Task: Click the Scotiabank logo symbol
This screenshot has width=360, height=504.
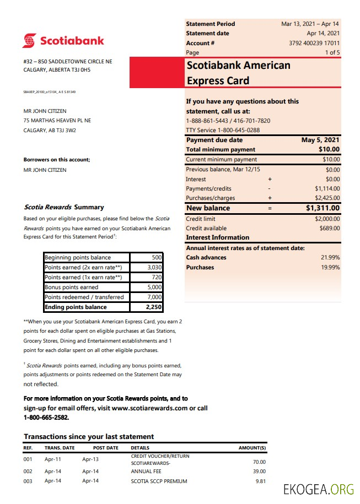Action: click(30, 41)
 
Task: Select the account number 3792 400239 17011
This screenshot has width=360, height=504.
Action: click(314, 43)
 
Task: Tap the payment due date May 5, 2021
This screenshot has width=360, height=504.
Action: click(320, 140)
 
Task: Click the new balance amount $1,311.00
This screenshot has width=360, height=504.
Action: click(323, 208)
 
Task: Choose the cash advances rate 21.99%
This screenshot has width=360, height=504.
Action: click(330, 257)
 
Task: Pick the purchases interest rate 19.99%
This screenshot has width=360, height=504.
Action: click(330, 267)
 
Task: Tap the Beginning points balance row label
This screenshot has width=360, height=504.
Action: click(78, 257)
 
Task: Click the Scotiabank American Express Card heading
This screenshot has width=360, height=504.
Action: click(239, 73)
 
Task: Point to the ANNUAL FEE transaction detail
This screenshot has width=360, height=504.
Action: click(146, 471)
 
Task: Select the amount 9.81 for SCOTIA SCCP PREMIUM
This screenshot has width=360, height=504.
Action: click(260, 481)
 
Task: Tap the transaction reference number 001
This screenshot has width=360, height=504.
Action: click(28, 459)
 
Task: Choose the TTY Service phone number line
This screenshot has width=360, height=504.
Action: click(223, 130)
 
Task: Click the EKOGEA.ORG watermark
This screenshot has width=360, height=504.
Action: click(318, 489)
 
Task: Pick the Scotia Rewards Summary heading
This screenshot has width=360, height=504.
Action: click(64, 207)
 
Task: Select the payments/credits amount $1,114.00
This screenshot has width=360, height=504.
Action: click(327, 189)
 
